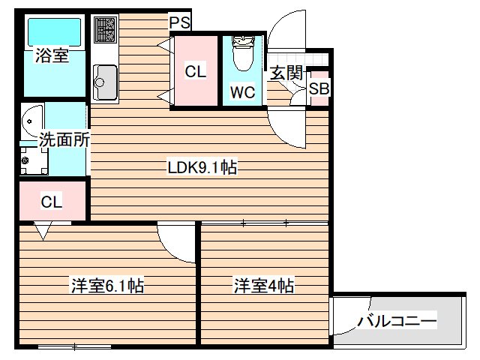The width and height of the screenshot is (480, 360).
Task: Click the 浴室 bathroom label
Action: pos(52,55)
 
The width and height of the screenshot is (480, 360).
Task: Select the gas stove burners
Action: pos(105,30)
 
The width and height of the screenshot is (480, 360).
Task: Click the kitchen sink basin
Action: pos(105,82)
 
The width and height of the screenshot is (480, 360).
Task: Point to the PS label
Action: pos(179,23)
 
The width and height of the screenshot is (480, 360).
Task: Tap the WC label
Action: pos(242,92)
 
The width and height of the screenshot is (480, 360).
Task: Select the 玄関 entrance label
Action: pos(286,73)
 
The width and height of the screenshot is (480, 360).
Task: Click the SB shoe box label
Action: pos(319,88)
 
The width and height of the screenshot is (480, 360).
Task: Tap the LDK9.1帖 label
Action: pos(202,167)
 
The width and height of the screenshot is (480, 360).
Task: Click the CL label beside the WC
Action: pos(195,72)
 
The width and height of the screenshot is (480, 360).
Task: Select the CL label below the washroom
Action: pos(51,201)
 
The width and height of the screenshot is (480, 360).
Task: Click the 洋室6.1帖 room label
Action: pos(107,285)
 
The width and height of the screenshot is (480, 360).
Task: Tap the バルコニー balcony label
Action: pos(396,321)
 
